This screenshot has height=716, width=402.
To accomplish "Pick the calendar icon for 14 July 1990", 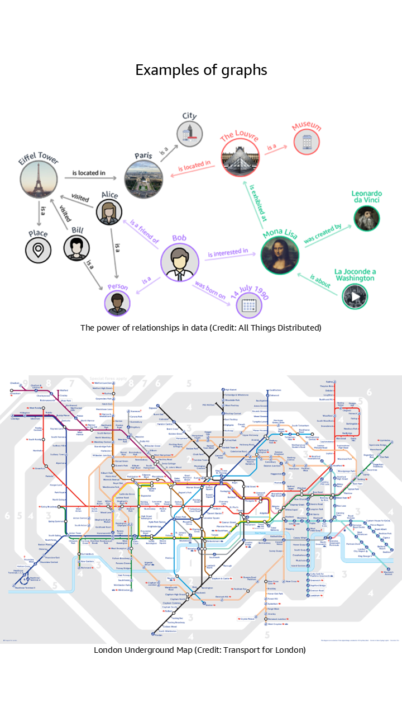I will tap(248, 305).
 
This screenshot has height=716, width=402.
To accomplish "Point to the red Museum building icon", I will tap(307, 141).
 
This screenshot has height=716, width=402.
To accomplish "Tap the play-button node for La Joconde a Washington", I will tap(355, 297).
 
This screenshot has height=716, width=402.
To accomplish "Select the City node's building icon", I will tap(189, 134).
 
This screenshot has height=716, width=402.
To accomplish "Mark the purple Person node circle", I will tap(117, 303).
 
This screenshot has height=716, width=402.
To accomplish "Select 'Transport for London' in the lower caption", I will tap(271, 649).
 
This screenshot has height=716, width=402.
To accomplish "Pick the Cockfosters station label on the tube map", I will tap(275, 390).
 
